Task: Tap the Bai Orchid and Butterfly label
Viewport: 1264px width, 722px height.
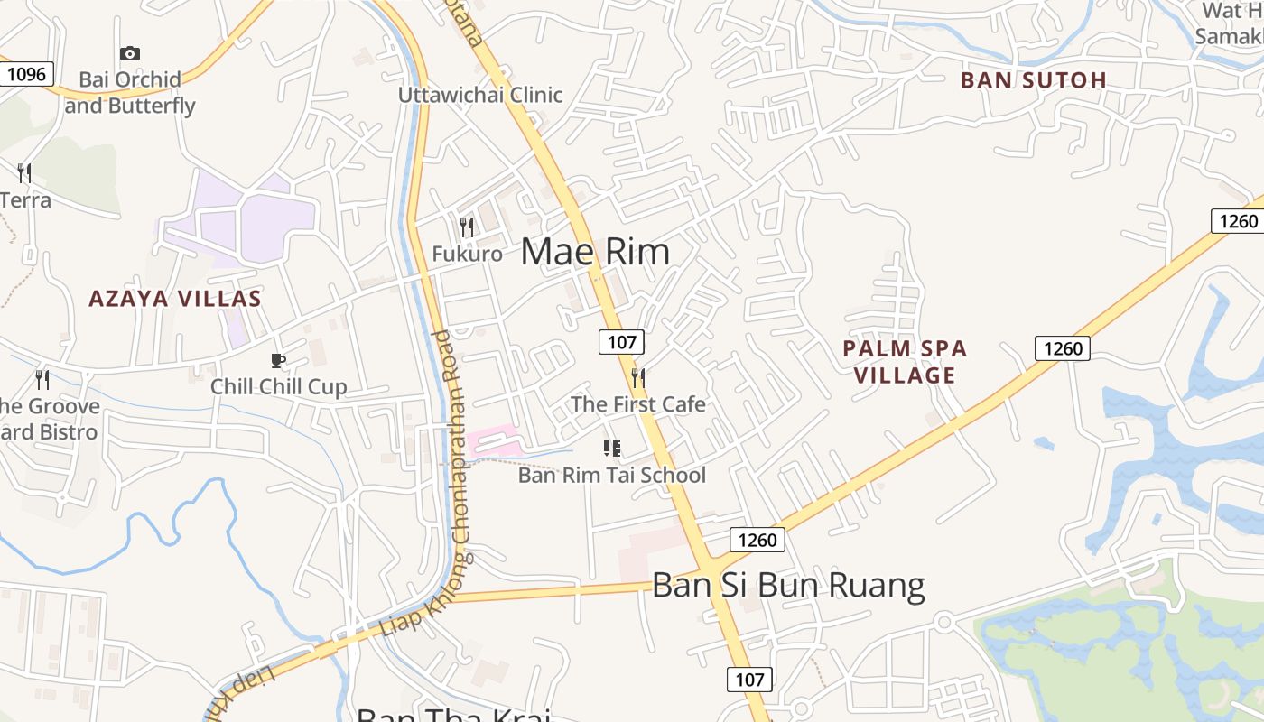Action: (130, 92)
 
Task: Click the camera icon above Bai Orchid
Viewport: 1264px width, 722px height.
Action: (130, 54)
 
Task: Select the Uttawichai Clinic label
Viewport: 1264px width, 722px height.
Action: (480, 95)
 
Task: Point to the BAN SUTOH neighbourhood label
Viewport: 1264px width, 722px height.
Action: (1033, 80)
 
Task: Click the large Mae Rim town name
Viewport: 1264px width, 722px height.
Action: (595, 252)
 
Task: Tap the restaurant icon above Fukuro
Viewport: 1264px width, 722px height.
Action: (467, 226)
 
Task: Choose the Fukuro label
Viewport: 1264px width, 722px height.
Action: (467, 254)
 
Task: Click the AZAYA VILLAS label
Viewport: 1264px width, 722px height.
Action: (174, 299)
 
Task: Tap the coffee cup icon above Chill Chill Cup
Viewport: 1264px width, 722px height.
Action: (278, 361)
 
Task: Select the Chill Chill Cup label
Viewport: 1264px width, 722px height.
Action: (278, 387)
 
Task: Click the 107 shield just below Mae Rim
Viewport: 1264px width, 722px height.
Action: (621, 342)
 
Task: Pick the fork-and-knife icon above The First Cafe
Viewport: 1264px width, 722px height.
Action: (638, 377)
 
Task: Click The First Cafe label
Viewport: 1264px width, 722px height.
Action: (638, 404)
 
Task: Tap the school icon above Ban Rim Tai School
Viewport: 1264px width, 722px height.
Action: (612, 448)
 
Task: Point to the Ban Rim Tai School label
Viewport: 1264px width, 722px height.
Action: (612, 475)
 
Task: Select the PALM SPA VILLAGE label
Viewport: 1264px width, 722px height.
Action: (905, 362)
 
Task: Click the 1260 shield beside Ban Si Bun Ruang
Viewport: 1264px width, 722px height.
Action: (757, 540)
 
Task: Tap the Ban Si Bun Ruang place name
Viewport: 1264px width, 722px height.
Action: (788, 586)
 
